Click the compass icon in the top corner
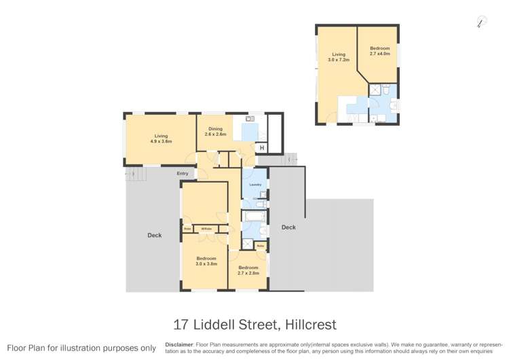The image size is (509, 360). click(x=481, y=22)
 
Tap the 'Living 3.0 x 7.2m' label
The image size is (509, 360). click(x=338, y=57)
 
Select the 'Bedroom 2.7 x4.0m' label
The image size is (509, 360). click(x=380, y=50)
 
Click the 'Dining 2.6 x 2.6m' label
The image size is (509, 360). click(x=215, y=131)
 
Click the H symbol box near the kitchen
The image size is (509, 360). click(x=262, y=148)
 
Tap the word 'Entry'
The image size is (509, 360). click(x=183, y=174)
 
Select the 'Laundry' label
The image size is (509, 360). click(x=255, y=185)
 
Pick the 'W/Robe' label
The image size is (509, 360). click(x=206, y=229)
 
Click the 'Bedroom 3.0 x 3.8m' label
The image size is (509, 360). click(x=206, y=261)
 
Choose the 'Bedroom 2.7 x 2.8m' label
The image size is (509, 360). click(x=248, y=270)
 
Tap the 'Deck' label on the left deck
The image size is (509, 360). click(x=154, y=235)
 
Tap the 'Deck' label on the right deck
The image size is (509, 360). click(x=288, y=228)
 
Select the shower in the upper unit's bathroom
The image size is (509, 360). click(x=374, y=90)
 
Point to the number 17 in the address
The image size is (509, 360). click(x=180, y=324)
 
